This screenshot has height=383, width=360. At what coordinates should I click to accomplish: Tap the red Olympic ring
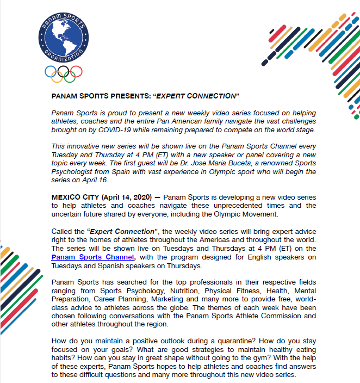click(77, 71)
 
